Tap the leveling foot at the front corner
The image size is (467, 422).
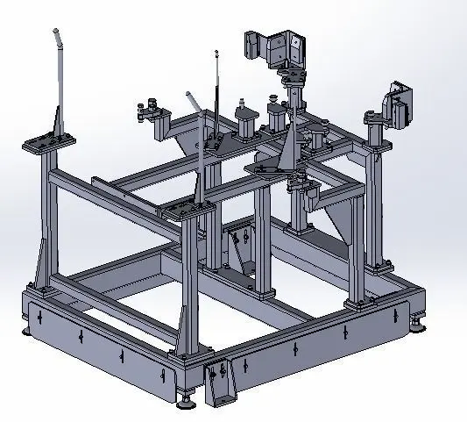pos(187,404)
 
